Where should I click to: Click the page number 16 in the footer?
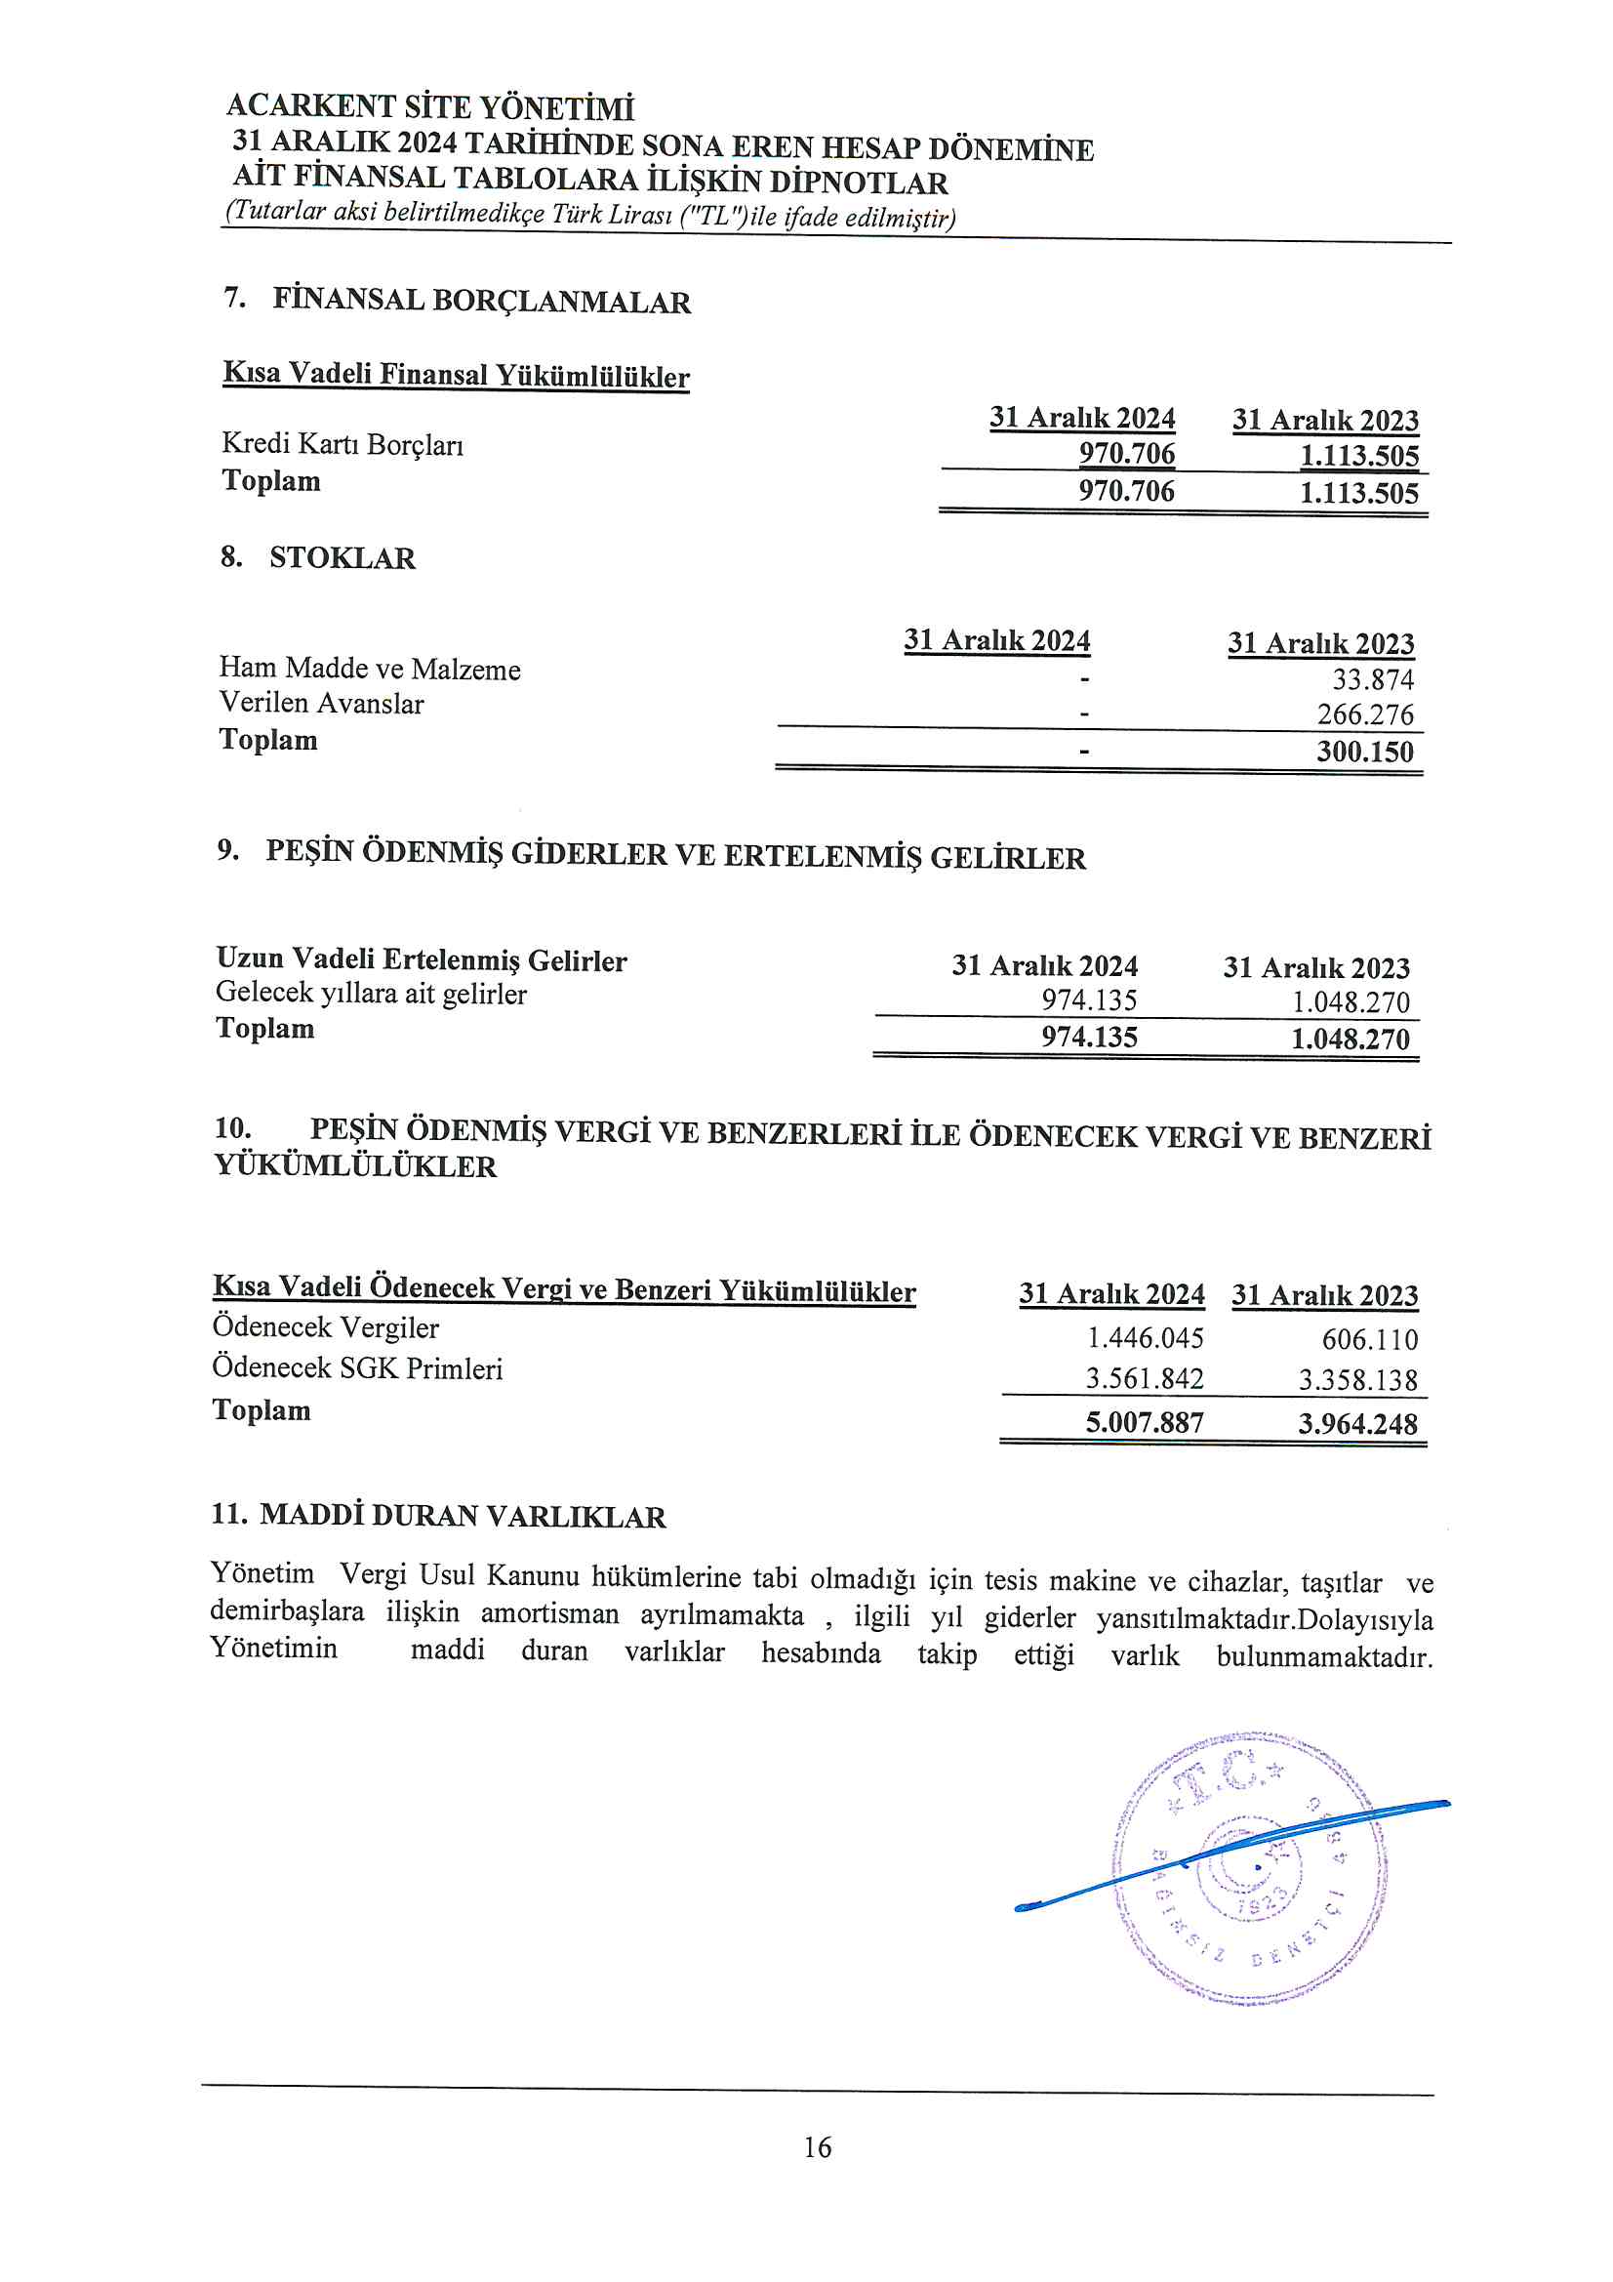817,2147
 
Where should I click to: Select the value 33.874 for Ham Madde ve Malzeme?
1373,680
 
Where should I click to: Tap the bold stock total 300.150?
1364,752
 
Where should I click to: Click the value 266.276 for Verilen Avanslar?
1364,714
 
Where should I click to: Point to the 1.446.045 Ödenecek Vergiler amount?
1145,1338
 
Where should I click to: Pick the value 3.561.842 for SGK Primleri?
1144,1378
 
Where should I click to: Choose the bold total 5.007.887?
1144,1422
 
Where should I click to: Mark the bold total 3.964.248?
1357,1423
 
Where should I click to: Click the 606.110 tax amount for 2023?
1369,1340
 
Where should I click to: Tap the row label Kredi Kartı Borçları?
342,444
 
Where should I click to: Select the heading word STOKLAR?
342,557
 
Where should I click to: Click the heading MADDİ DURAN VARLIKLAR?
463,1516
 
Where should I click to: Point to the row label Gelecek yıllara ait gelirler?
371,993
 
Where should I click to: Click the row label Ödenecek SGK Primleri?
357,1368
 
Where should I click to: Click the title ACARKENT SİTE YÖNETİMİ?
429,106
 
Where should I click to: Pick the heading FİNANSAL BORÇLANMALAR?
481,301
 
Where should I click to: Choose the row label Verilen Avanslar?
321,704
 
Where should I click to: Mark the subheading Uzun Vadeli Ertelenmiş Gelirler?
422,959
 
